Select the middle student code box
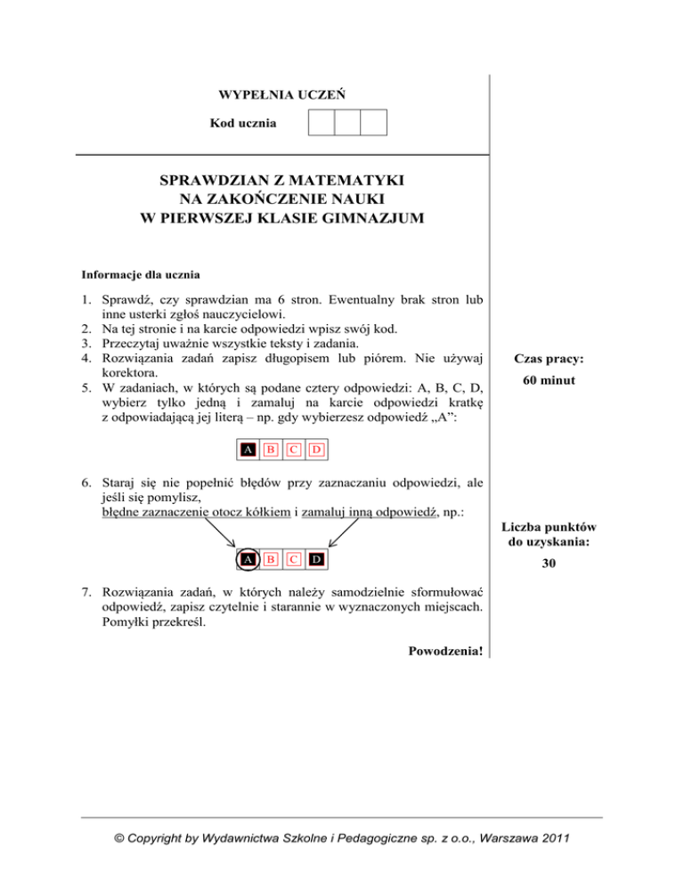[x=347, y=122]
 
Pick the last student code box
[x=374, y=122]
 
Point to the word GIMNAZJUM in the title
[x=358, y=215]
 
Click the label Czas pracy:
[x=547, y=360]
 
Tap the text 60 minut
[x=547, y=381]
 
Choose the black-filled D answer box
[x=316, y=559]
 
